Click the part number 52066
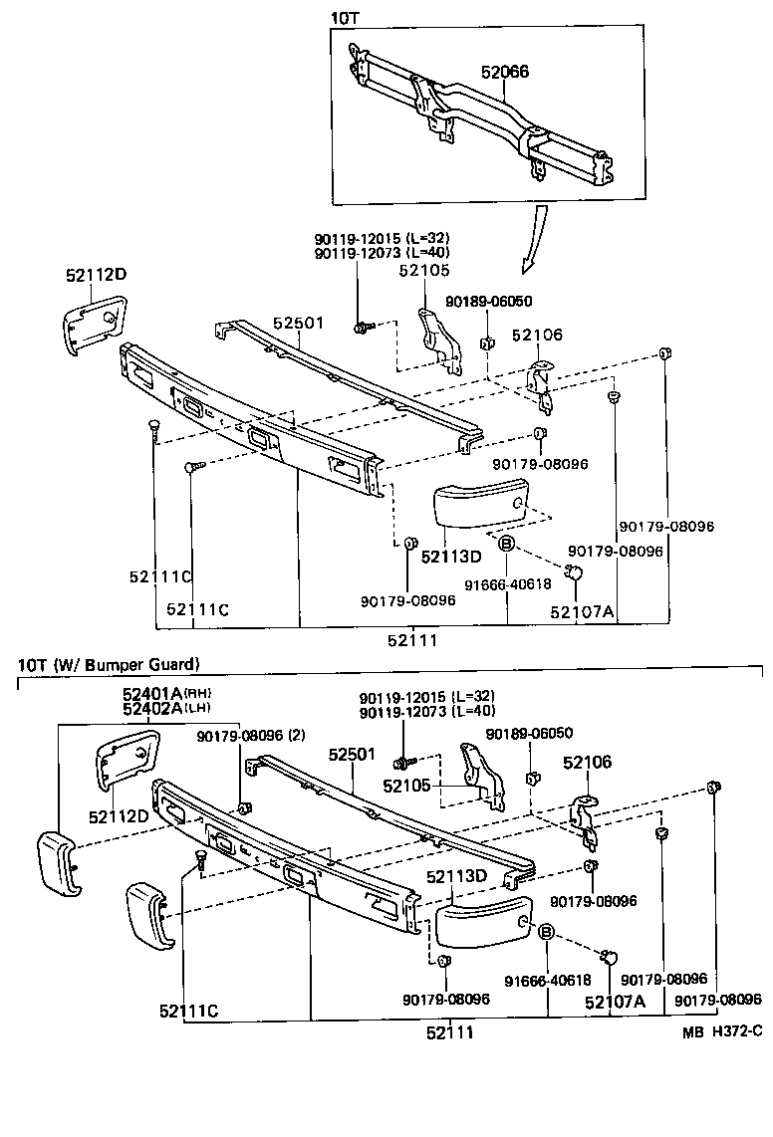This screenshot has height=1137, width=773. (x=504, y=72)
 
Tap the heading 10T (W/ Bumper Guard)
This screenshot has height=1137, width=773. (x=109, y=663)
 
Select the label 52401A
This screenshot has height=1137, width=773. (x=151, y=693)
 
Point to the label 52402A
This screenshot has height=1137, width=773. (x=151, y=709)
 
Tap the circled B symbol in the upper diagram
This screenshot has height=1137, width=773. (x=505, y=544)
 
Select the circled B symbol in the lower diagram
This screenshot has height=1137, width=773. (x=546, y=932)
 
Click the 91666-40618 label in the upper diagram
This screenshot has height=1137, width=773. (x=509, y=584)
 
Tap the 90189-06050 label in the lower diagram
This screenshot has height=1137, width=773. (x=529, y=733)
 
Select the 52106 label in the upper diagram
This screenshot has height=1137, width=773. (x=537, y=336)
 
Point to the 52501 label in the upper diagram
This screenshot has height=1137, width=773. (x=299, y=324)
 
